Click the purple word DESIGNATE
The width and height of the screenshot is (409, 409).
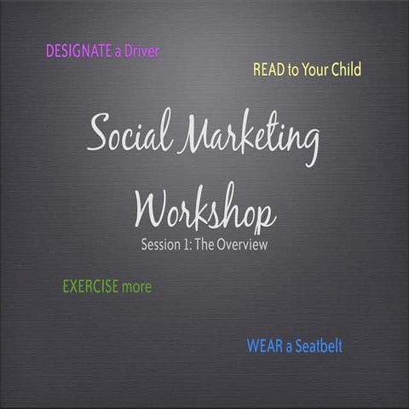78,51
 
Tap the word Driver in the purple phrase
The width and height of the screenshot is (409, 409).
141,51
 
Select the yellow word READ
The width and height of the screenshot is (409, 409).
268,70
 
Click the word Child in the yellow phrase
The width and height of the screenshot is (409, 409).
343,70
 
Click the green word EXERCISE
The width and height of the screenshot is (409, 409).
90,287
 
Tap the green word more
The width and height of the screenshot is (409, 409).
136,287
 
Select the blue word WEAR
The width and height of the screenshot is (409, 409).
263,347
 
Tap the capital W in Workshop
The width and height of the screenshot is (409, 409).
154,207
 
